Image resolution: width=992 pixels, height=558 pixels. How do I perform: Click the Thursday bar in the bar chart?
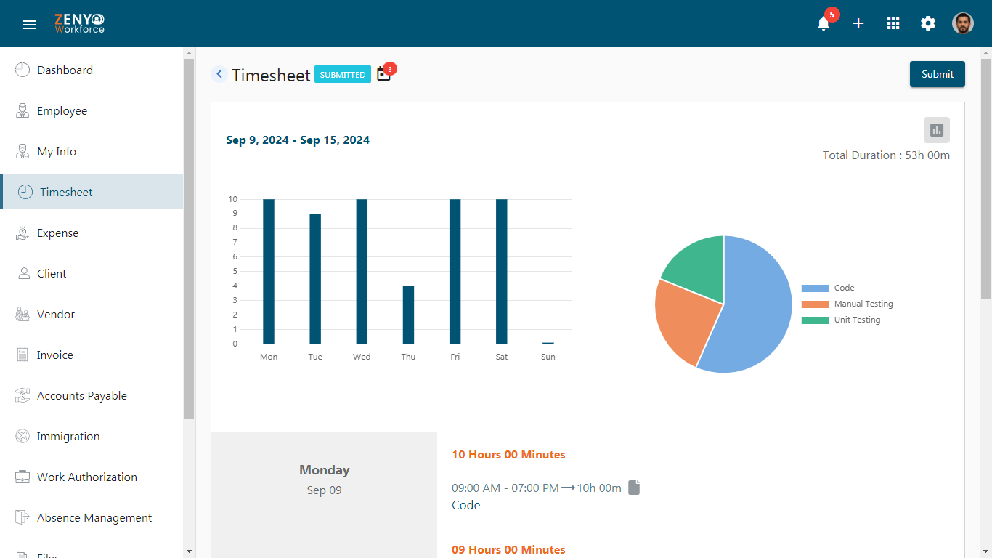click(x=408, y=315)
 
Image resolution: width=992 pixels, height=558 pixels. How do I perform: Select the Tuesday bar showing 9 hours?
click(x=315, y=279)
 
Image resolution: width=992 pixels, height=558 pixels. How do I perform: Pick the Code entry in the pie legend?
click(x=828, y=288)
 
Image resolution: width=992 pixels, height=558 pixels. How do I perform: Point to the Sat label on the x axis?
click(x=501, y=357)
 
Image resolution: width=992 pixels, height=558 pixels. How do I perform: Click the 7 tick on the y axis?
click(x=235, y=243)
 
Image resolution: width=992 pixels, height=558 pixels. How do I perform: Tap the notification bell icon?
click(x=824, y=23)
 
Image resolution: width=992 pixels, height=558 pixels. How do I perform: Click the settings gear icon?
click(x=928, y=23)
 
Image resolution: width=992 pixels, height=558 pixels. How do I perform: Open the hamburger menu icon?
click(x=29, y=25)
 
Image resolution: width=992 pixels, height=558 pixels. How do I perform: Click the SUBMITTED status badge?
click(x=343, y=74)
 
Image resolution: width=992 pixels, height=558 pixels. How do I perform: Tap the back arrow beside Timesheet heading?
click(x=219, y=73)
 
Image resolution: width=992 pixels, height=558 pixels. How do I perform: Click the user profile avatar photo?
click(x=963, y=23)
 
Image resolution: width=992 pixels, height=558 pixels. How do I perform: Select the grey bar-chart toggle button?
click(x=937, y=130)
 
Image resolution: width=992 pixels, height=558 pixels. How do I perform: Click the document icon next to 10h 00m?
click(x=634, y=488)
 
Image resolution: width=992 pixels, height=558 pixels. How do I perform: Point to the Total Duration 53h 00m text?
click(x=886, y=155)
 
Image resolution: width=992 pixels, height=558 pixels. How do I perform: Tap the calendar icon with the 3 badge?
click(x=384, y=74)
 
